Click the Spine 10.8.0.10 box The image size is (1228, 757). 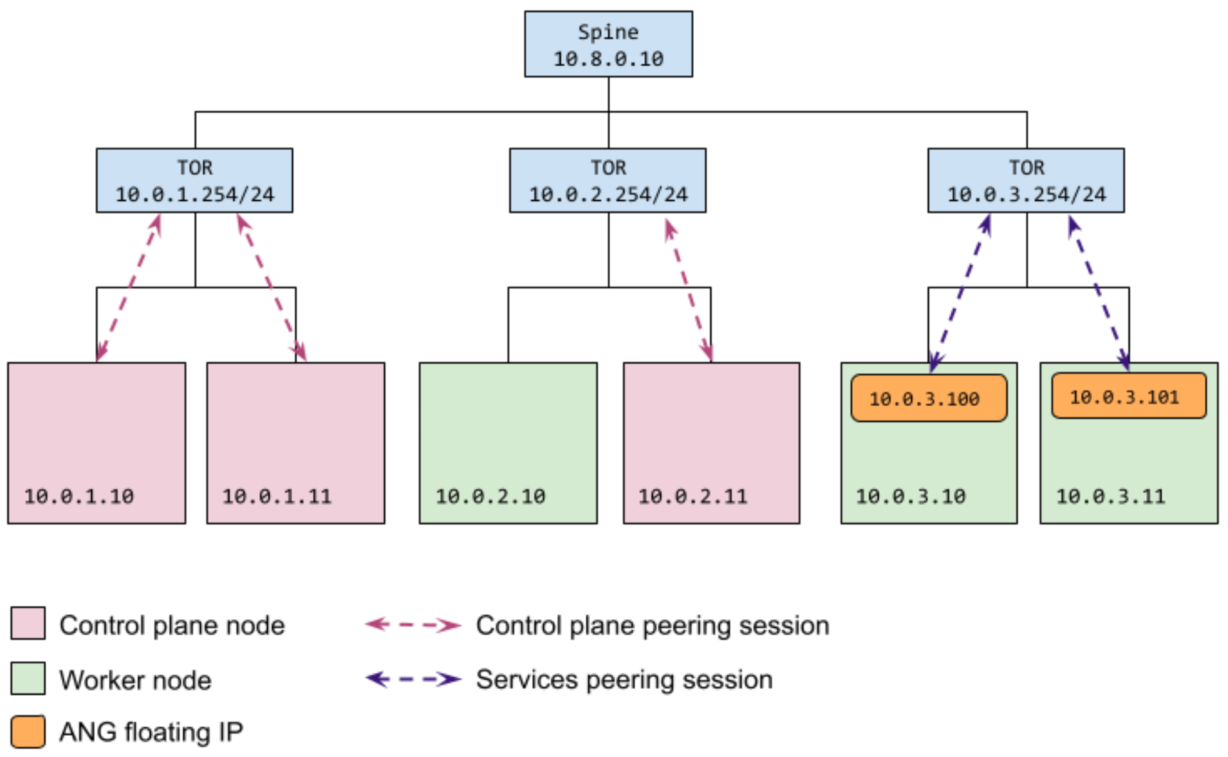(x=608, y=44)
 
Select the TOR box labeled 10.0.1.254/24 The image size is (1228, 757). (x=194, y=180)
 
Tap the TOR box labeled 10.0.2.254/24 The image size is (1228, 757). (x=607, y=180)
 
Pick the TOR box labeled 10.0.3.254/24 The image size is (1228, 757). (x=1025, y=180)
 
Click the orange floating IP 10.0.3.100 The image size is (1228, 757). (x=928, y=398)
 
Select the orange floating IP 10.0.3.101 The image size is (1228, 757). (x=1128, y=396)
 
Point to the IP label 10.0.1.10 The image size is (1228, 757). (x=79, y=496)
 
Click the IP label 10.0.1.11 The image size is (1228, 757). (x=277, y=496)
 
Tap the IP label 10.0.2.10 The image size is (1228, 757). (x=490, y=496)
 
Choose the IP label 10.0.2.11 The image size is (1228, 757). (x=693, y=496)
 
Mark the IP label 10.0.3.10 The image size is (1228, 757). (x=910, y=496)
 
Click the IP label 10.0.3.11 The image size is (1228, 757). (x=1110, y=496)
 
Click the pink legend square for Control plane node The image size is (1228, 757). (x=28, y=623)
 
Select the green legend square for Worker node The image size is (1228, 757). (x=28, y=678)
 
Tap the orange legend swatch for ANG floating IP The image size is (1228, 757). (x=28, y=732)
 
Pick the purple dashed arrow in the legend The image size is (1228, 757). (x=413, y=679)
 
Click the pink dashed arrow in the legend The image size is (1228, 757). (x=413, y=624)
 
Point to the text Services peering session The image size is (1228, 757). (x=624, y=680)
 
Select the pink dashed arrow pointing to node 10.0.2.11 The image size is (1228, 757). (x=689, y=290)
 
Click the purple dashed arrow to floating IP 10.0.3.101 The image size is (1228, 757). (x=1099, y=293)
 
